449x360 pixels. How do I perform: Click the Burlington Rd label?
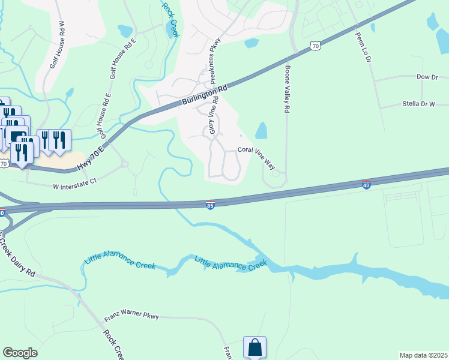(x=204, y=96)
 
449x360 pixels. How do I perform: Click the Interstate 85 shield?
(x=210, y=205)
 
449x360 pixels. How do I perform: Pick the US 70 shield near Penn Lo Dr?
(x=315, y=46)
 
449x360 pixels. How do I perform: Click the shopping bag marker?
(x=255, y=347)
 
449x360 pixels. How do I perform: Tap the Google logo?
(x=20, y=353)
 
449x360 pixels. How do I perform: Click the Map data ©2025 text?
(x=423, y=355)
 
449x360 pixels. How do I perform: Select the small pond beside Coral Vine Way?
(x=261, y=130)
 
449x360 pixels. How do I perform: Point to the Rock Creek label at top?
(x=170, y=18)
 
